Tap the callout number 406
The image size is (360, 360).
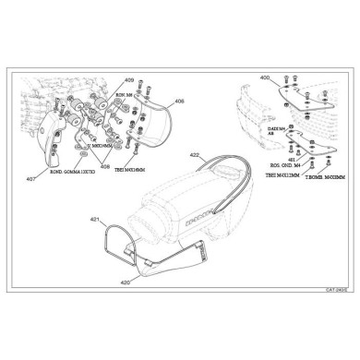[x=179, y=101]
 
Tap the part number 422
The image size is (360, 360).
[x=194, y=155]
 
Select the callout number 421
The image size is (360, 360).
[x=95, y=219]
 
